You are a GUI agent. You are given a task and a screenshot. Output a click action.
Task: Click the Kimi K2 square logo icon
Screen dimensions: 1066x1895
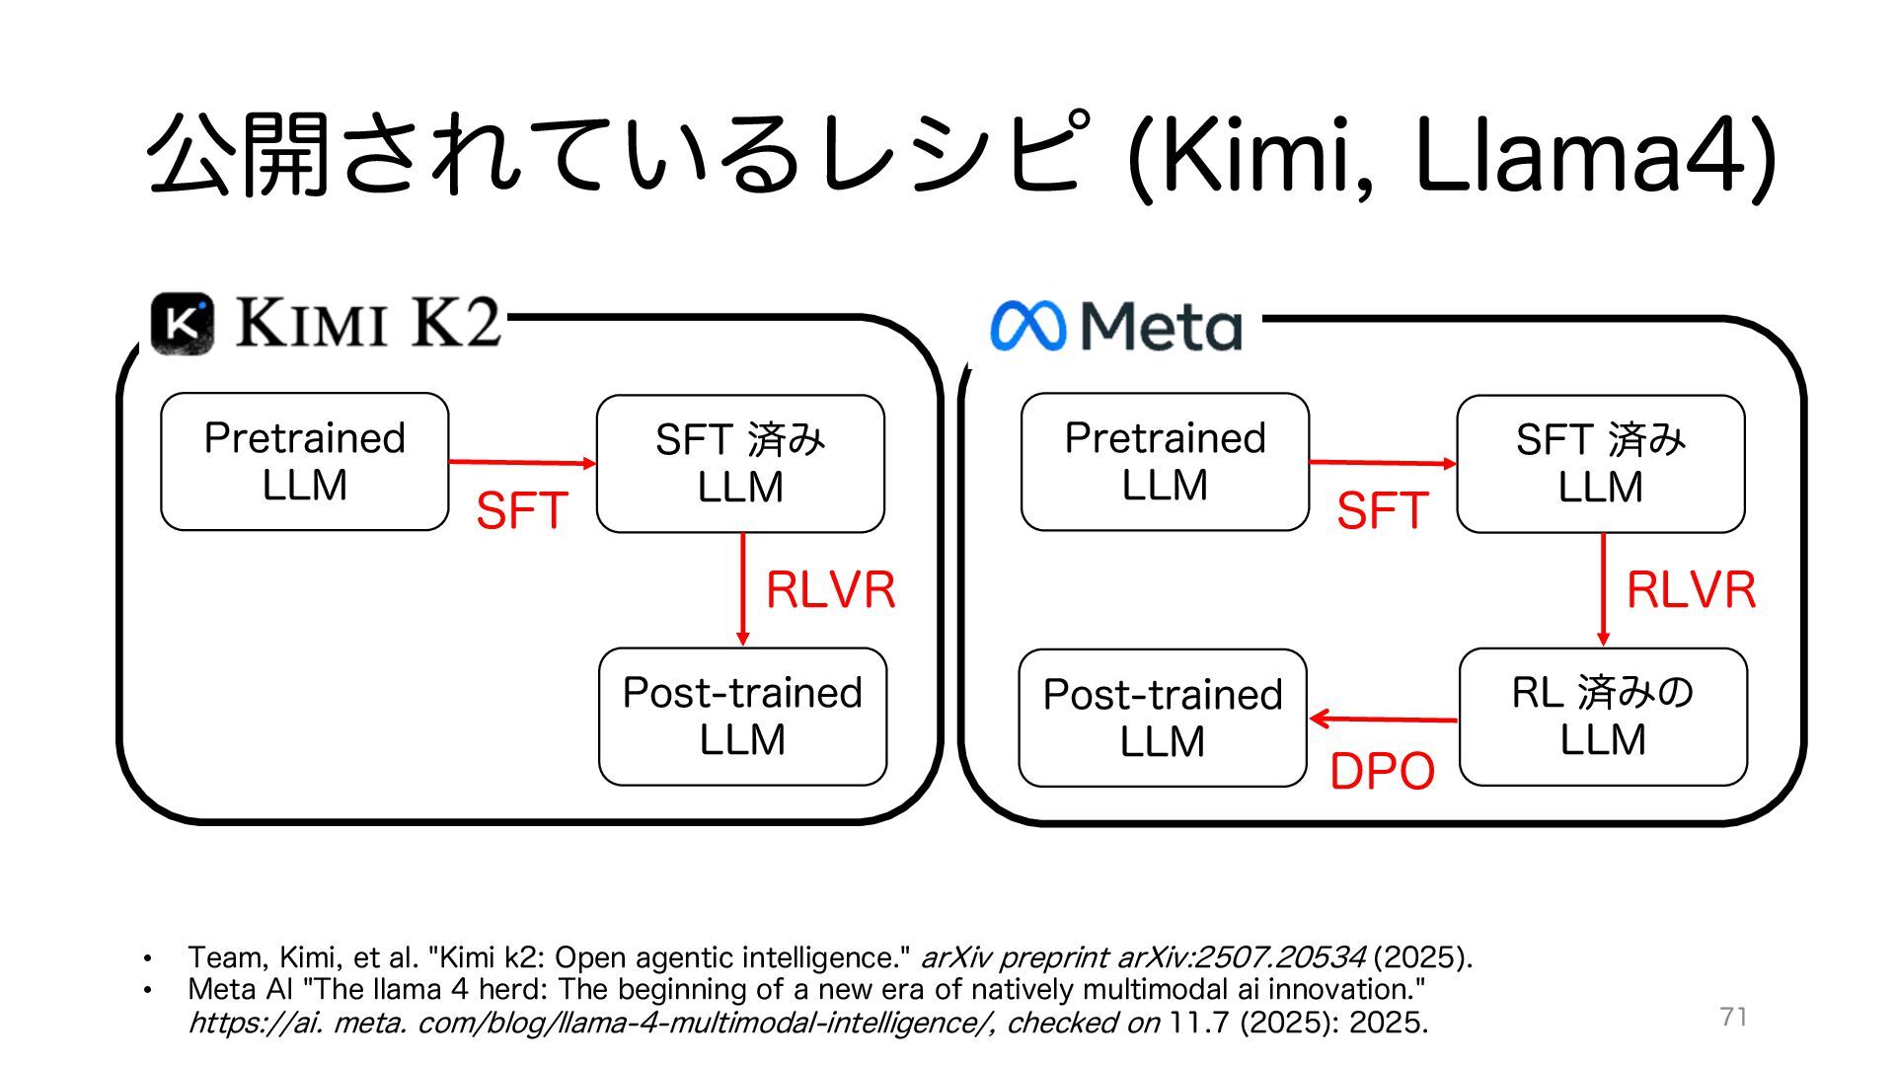tap(183, 324)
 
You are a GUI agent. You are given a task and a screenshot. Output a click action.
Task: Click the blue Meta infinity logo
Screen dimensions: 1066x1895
tap(1027, 327)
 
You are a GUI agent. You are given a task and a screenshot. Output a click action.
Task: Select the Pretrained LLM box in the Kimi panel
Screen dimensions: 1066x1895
tap(304, 462)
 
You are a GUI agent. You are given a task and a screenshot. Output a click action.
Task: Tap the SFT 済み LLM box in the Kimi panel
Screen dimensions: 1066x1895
tap(740, 464)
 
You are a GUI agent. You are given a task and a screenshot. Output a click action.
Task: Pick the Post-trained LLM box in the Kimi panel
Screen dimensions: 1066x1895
tap(742, 717)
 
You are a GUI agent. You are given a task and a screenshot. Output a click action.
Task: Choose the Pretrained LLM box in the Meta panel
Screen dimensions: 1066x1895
tap(1165, 462)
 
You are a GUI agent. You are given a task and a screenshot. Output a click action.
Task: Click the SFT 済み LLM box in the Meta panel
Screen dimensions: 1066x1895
tap(1600, 464)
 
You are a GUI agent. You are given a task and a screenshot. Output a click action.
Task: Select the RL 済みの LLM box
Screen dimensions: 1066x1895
tap(1602, 717)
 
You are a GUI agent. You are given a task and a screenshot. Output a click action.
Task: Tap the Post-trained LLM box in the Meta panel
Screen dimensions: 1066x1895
tap(1163, 718)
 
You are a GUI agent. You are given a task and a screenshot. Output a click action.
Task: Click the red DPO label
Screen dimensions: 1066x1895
tap(1382, 772)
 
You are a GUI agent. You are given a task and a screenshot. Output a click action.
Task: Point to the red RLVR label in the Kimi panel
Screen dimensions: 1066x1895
tap(830, 590)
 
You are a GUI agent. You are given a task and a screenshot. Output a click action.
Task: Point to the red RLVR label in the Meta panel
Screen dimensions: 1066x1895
tap(1691, 590)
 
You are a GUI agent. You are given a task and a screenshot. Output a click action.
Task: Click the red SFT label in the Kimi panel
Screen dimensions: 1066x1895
tap(521, 511)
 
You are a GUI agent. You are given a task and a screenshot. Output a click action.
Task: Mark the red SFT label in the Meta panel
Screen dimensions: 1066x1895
tap(1382, 511)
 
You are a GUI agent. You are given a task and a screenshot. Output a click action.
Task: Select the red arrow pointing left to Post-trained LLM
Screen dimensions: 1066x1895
tap(1383, 720)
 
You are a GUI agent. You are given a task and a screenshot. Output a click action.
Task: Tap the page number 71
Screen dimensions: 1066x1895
tap(1733, 1017)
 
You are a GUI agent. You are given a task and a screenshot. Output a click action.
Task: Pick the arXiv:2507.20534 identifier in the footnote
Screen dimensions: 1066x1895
tap(1241, 957)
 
